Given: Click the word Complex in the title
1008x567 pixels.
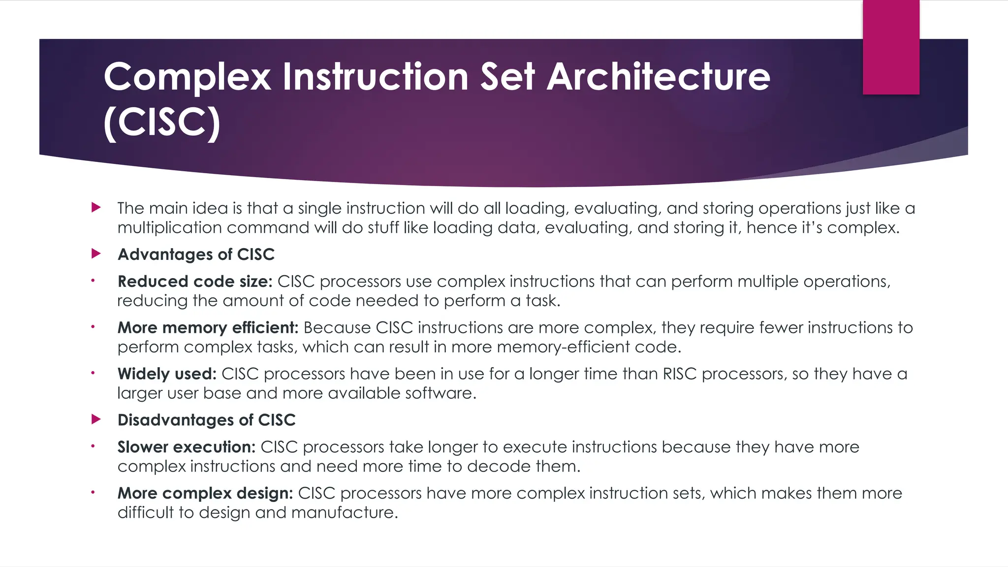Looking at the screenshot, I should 187,77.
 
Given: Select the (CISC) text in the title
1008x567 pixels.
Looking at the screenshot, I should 162,123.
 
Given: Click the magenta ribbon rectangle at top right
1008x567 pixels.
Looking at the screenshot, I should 891,47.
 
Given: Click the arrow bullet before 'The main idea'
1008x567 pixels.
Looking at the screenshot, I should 96,208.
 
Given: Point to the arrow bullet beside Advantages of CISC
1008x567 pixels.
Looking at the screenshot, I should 96,254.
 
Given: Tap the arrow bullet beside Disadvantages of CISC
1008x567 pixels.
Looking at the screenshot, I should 96,420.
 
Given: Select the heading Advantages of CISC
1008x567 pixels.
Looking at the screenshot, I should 196,254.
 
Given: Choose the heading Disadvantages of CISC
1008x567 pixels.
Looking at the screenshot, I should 206,420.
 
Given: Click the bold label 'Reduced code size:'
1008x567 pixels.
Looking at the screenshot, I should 195,282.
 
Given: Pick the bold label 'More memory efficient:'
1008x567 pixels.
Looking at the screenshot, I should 208,328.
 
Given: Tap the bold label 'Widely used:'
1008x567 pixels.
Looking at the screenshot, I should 167,374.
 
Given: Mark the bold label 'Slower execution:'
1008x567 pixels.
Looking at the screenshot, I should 186,447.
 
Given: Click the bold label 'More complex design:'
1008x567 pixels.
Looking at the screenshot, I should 205,493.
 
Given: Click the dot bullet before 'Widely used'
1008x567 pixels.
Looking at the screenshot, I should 92,373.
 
